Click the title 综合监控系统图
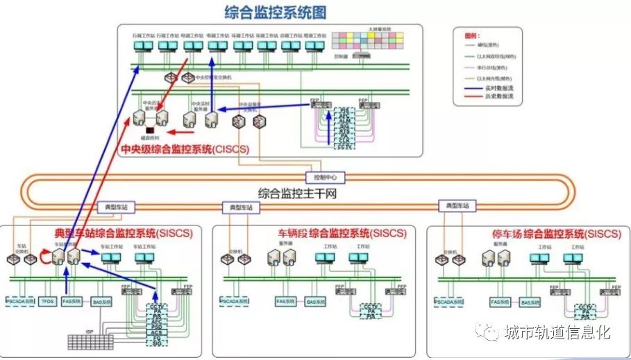[275, 12]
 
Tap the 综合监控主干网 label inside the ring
[297, 194]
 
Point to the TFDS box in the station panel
[47, 302]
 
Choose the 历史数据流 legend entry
[499, 96]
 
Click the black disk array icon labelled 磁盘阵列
[149, 129]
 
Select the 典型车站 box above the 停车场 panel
[457, 206]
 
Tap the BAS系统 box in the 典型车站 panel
[101, 302]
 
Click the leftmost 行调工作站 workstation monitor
[143, 46]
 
